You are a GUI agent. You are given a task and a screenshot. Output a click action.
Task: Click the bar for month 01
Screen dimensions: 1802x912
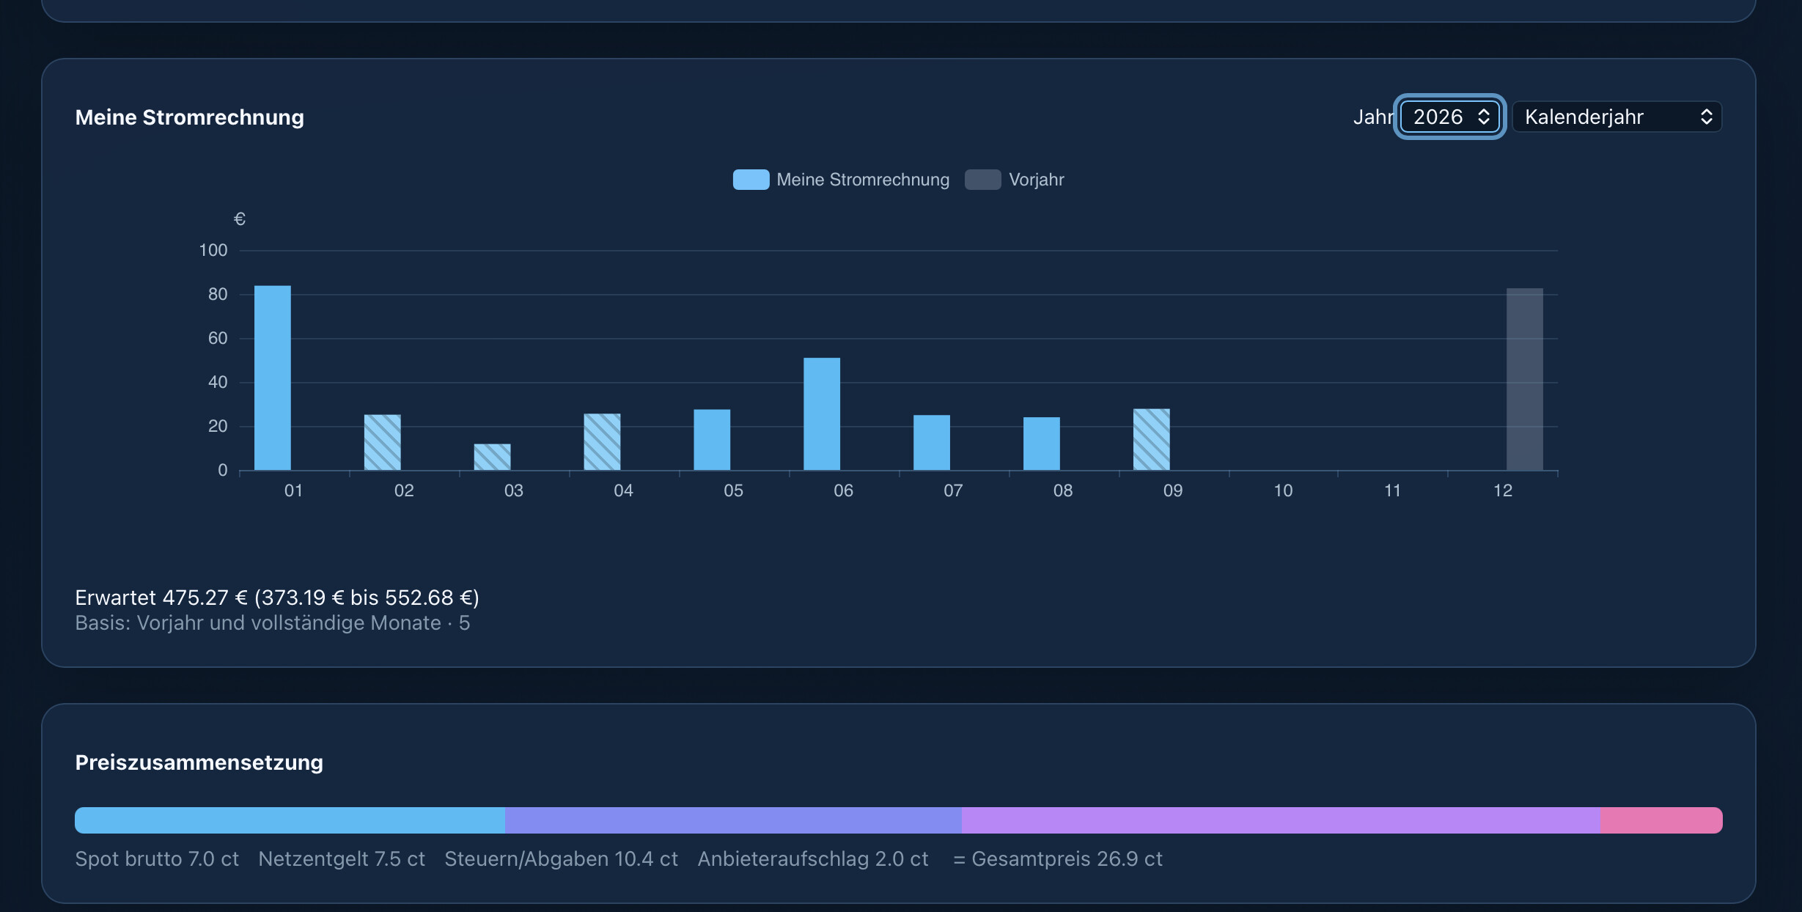tap(273, 378)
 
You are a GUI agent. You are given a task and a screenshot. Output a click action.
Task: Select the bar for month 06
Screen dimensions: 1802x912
tap(822, 413)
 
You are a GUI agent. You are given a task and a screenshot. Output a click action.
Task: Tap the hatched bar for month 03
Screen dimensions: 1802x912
tap(493, 457)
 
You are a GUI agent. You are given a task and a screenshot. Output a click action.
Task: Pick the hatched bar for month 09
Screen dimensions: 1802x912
tap(1152, 439)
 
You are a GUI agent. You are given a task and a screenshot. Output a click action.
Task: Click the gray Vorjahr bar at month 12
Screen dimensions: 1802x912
tap(1525, 379)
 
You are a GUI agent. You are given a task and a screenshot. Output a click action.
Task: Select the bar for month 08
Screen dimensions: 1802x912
tap(1042, 444)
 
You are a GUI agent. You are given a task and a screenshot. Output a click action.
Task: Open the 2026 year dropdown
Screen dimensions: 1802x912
tap(1450, 117)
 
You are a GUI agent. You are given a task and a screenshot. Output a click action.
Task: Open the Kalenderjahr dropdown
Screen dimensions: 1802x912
tap(1617, 117)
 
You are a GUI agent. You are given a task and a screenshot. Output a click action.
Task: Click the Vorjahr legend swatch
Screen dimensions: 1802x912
tap(983, 180)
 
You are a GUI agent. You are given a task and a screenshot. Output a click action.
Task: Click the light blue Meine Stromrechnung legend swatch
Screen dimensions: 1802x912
tap(751, 180)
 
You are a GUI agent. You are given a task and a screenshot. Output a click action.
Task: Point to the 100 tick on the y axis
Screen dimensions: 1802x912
tap(213, 250)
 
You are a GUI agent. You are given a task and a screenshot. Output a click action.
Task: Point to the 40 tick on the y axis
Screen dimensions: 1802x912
tap(218, 382)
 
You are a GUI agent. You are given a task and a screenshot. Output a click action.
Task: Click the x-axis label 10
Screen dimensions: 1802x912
tap(1283, 490)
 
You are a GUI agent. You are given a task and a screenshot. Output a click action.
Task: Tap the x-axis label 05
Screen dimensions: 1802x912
tap(733, 490)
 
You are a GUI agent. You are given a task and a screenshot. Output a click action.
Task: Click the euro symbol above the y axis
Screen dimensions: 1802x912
tap(240, 218)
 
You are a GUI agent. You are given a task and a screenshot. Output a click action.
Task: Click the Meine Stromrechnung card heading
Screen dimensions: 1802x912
tap(190, 117)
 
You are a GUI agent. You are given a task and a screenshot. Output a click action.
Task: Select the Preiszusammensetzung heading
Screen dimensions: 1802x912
tap(199, 762)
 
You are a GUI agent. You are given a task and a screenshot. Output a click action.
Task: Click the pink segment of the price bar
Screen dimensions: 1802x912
tap(1661, 820)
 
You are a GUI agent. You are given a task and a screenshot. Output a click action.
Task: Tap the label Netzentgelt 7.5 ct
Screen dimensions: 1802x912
tap(342, 858)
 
